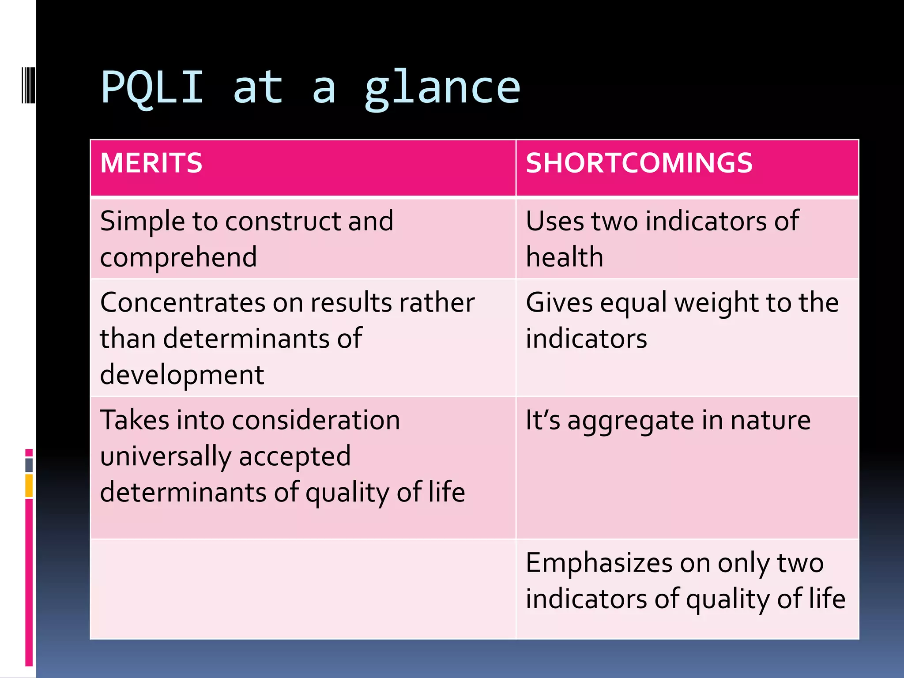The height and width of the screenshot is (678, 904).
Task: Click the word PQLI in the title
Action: click(x=152, y=87)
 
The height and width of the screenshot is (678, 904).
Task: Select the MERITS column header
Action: click(x=151, y=163)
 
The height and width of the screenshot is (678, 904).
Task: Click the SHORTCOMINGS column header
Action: click(x=639, y=163)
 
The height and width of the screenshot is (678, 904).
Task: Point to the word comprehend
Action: click(x=178, y=257)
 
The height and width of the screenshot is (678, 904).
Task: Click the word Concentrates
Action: click(x=183, y=303)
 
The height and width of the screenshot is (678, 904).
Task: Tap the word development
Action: click(x=182, y=375)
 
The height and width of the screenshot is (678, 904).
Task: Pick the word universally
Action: click(x=166, y=456)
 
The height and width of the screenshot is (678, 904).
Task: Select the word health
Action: click(x=564, y=257)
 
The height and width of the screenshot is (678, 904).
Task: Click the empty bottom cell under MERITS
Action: click(x=303, y=589)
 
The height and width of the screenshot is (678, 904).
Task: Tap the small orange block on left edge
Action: click(x=29, y=486)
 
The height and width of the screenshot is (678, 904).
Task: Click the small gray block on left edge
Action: click(x=29, y=465)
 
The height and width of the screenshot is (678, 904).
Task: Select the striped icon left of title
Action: click(x=28, y=84)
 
